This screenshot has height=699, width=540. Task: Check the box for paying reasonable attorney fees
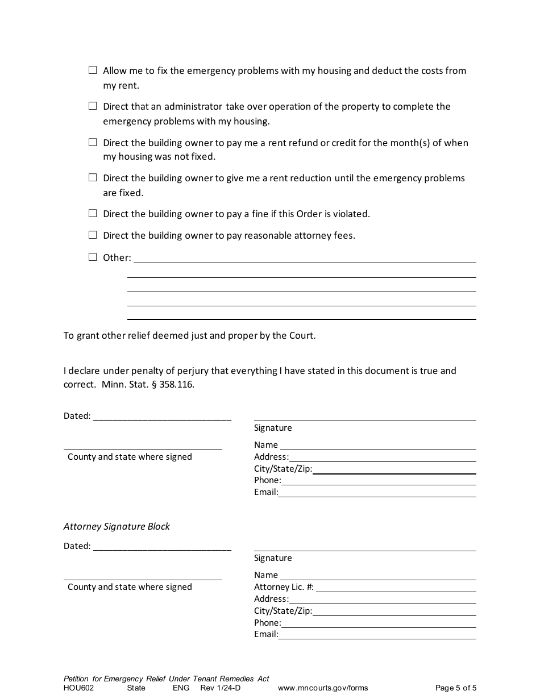click(x=93, y=235)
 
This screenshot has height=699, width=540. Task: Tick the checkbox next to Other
click(x=93, y=257)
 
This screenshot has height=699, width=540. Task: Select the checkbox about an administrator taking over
click(x=93, y=106)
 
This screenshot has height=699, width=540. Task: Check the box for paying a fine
click(x=93, y=214)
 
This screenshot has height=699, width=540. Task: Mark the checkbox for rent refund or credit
click(x=93, y=142)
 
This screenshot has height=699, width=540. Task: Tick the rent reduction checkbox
click(x=93, y=178)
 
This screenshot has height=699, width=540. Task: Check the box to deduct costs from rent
click(x=93, y=70)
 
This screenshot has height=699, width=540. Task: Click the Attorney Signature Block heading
click(x=117, y=526)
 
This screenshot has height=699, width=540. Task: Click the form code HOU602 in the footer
click(x=78, y=688)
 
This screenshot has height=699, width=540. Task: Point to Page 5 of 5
click(x=455, y=688)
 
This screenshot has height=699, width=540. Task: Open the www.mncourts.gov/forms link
click(x=322, y=688)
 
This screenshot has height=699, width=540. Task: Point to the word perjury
click(x=190, y=371)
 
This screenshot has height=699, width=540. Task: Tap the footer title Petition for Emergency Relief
click(x=166, y=679)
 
